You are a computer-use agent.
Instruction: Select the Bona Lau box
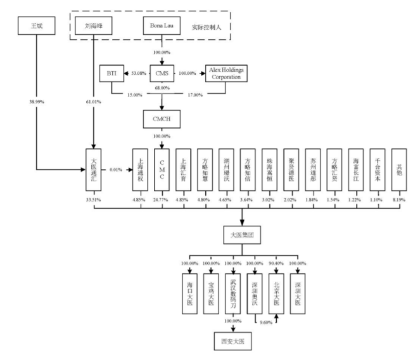[x=161, y=27]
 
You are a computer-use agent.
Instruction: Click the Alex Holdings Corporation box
[x=226, y=74]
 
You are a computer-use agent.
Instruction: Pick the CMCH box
[x=161, y=118]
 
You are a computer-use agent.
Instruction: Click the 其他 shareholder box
[x=397, y=170]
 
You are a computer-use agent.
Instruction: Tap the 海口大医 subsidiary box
[x=189, y=292]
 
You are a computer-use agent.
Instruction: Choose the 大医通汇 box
[x=93, y=170]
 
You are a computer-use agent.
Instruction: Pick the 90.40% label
[x=276, y=262]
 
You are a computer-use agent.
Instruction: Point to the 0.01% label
[x=116, y=170]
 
